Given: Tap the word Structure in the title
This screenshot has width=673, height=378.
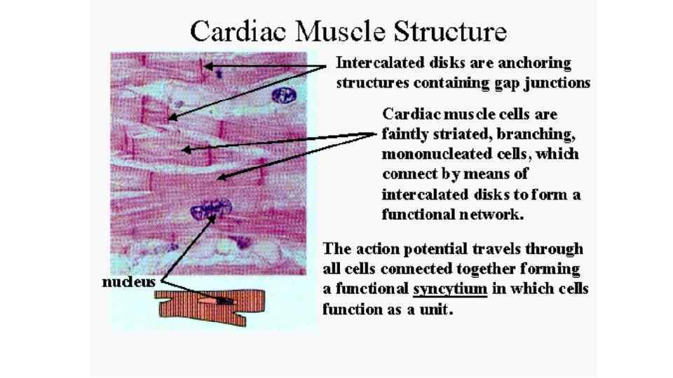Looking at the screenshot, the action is tap(449, 31).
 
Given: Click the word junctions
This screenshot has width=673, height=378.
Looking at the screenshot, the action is tap(554, 83).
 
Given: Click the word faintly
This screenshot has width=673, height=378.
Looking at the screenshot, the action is tap(406, 134).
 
